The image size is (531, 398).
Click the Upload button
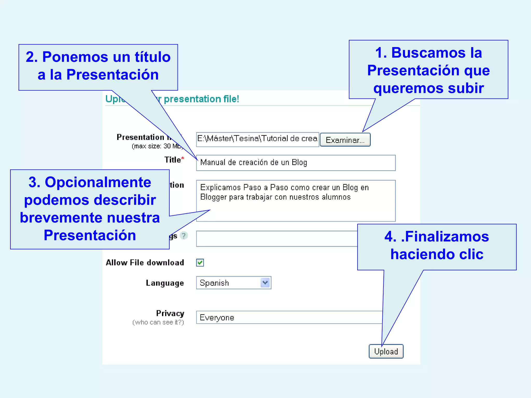point(386,351)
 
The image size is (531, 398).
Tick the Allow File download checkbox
point(200,262)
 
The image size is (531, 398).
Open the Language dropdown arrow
point(265,282)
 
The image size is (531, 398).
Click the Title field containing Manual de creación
point(296,163)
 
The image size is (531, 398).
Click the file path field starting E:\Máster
point(257,139)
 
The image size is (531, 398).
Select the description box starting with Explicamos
point(296,201)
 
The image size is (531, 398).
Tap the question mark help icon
point(184,236)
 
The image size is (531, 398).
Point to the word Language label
point(165,283)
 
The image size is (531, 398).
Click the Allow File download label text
point(145,262)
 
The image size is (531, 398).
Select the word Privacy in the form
point(170,313)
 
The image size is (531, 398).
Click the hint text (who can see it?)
point(158,322)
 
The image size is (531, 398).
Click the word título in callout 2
point(152,57)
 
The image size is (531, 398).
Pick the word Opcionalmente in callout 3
point(98,182)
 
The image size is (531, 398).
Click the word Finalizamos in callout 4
point(447,237)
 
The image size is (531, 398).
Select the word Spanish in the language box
point(214,283)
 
